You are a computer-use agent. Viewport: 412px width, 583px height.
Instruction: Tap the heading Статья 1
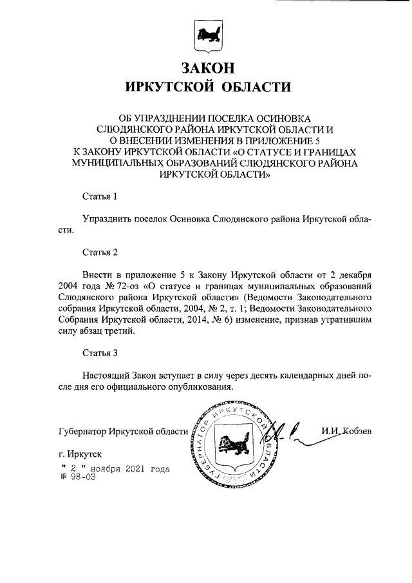[100, 196]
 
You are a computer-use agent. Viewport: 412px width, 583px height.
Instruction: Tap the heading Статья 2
[100, 251]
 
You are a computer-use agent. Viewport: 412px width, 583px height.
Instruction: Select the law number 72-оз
[127, 285]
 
